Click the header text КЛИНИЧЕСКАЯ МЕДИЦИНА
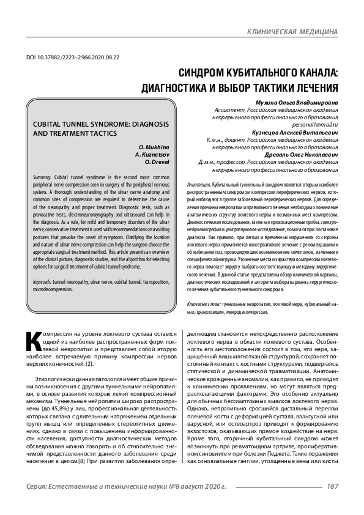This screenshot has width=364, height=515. (292, 31)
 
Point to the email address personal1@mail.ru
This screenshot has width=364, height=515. (316, 124)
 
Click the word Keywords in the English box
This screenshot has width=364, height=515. (43, 282)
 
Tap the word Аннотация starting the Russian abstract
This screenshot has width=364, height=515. (200, 184)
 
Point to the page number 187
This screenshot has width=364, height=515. (333, 487)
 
